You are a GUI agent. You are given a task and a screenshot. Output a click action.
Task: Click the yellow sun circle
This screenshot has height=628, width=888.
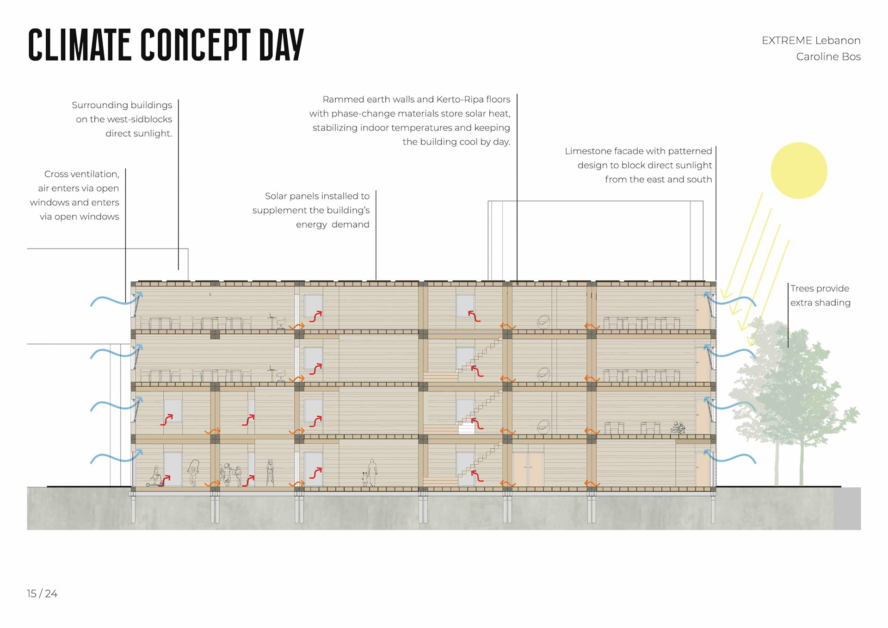coord(799,171)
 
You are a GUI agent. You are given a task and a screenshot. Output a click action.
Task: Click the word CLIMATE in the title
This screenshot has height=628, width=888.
coord(79,45)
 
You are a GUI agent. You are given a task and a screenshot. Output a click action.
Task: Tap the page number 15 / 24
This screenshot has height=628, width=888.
coord(42,594)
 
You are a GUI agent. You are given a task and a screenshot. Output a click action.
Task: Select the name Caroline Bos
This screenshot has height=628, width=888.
coord(828,57)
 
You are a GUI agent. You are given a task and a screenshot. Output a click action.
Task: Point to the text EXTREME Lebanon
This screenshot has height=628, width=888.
coord(811,41)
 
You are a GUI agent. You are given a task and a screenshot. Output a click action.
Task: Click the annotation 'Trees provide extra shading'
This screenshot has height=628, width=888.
coord(820,295)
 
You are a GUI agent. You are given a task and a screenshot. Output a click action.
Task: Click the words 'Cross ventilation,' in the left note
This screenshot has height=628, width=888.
coord(81,174)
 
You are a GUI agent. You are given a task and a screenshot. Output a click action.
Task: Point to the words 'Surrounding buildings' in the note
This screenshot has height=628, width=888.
coord(122,105)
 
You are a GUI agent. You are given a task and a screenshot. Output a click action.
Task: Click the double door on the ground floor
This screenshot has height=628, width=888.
coord(528,469)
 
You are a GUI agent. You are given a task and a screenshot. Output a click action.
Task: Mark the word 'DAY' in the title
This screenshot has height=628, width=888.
coord(281,45)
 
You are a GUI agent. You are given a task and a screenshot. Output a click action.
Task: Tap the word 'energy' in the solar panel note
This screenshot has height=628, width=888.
coord(311,224)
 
